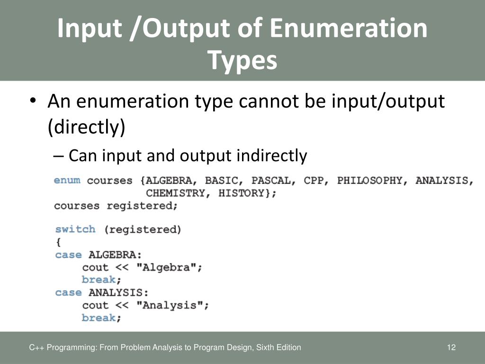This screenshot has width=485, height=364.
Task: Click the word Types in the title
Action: [x=242, y=60]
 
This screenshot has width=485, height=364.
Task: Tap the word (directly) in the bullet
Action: [x=87, y=127]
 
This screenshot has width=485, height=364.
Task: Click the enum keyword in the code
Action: [x=67, y=181]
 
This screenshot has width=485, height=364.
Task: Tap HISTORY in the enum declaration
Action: [x=247, y=193]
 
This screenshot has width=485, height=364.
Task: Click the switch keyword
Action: [x=75, y=229]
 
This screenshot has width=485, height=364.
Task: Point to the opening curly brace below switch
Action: [x=58, y=242]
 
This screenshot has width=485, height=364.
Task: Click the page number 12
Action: [x=451, y=347]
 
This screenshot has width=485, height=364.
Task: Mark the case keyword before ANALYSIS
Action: [x=68, y=292]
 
